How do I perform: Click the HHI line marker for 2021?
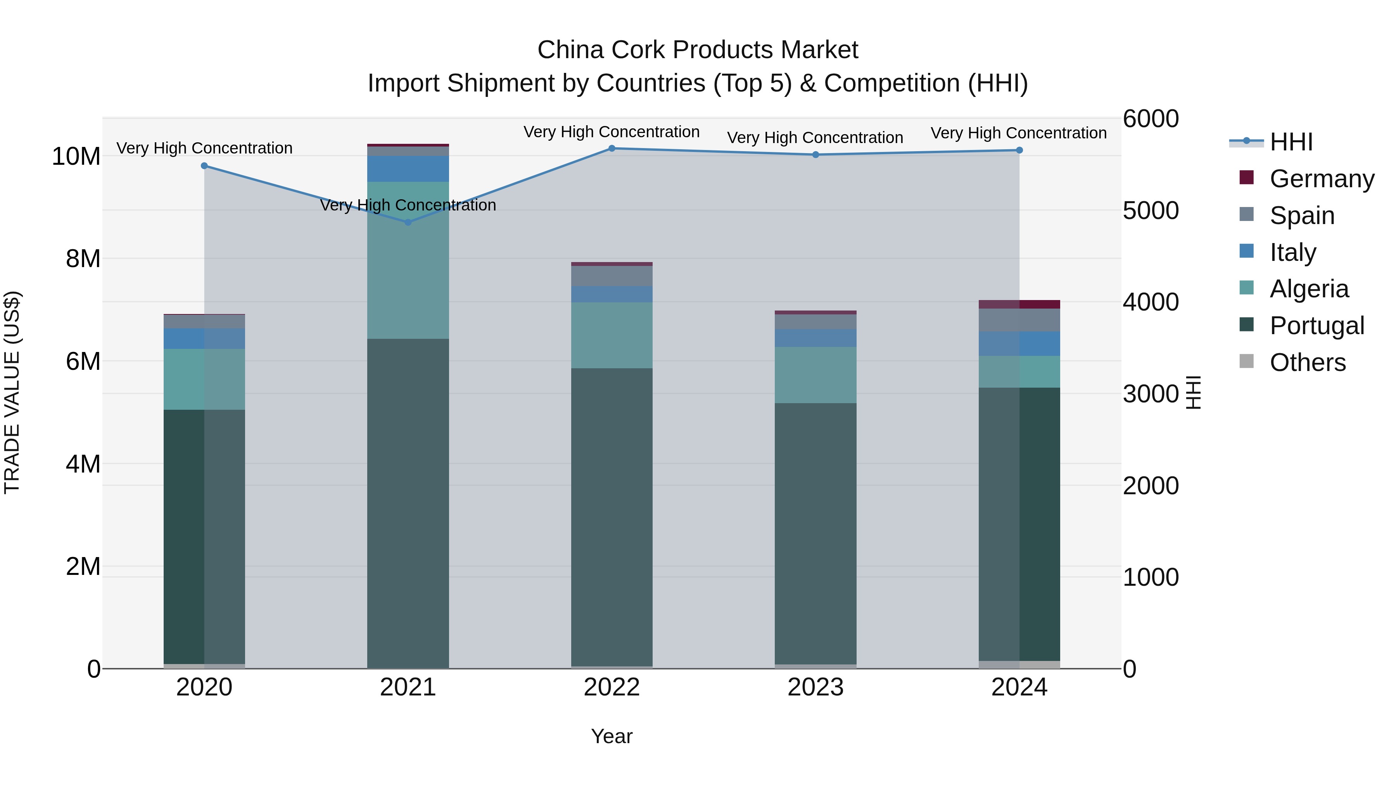pyautogui.click(x=408, y=222)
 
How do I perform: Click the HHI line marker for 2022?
pyautogui.click(x=612, y=148)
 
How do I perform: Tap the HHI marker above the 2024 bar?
pyautogui.click(x=1019, y=150)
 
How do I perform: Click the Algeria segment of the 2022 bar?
pyautogui.click(x=612, y=335)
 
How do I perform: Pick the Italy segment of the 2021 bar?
pyautogui.click(x=408, y=169)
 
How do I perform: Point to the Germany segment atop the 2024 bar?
pyautogui.click(x=1019, y=304)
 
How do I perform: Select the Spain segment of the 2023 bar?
pyautogui.click(x=815, y=322)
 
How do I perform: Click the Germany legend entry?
pyautogui.click(x=1321, y=179)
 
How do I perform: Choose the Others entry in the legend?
pyautogui.click(x=1307, y=362)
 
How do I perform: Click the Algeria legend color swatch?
pyautogui.click(x=1246, y=288)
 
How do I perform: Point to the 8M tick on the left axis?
pyautogui.click(x=83, y=259)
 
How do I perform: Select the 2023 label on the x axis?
pyautogui.click(x=815, y=687)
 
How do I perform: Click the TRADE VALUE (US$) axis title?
pyautogui.click(x=12, y=392)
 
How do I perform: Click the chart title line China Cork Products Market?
pyautogui.click(x=698, y=50)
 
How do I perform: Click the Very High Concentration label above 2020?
pyautogui.click(x=204, y=148)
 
